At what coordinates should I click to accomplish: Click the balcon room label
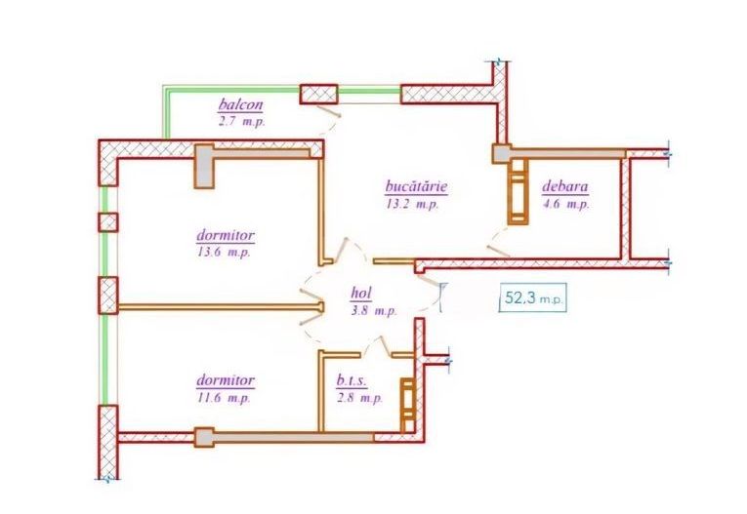tap(240, 105)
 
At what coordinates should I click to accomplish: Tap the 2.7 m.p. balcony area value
tap(240, 122)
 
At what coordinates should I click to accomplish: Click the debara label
tap(565, 188)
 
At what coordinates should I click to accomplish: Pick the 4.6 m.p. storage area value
tap(565, 205)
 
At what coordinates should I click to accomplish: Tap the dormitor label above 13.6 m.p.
tap(226, 235)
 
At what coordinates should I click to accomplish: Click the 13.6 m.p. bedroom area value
tap(225, 252)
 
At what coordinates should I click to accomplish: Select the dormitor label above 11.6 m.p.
tap(226, 380)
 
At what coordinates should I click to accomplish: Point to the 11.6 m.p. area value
tap(225, 398)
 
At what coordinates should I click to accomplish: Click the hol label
tap(367, 293)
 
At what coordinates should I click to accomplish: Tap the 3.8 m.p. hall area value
tap(372, 310)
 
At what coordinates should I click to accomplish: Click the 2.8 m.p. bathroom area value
tap(358, 398)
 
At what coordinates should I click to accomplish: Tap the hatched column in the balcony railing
tap(318, 94)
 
